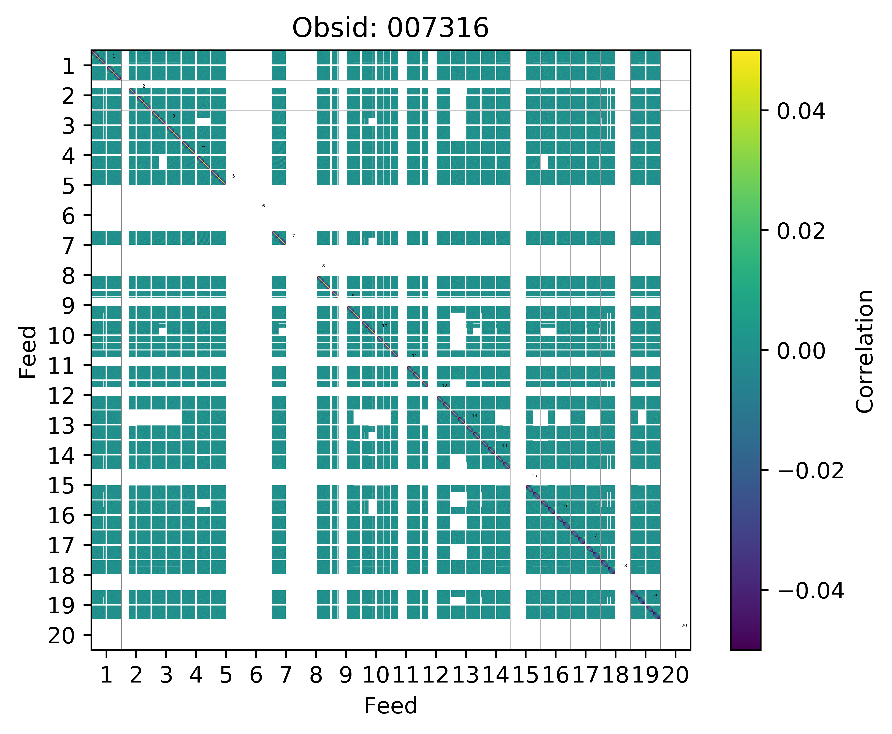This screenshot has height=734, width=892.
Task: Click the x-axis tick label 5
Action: [x=226, y=676]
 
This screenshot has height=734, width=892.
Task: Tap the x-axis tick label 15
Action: [x=525, y=676]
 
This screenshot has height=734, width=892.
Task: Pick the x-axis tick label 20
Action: [x=675, y=676]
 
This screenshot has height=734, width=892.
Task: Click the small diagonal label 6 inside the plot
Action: [x=263, y=206]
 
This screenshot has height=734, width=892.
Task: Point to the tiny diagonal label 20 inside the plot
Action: [x=684, y=625]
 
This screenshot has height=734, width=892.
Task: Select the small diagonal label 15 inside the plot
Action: [x=534, y=476]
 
